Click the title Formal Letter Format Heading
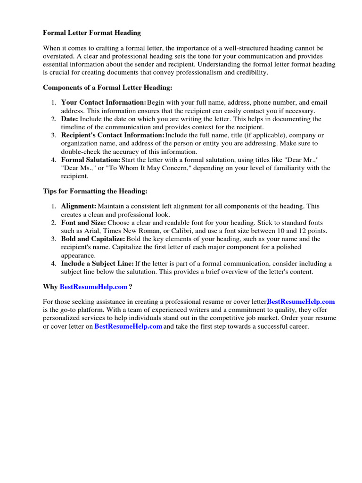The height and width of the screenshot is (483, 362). coord(92,33)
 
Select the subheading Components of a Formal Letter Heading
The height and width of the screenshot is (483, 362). coord(108,88)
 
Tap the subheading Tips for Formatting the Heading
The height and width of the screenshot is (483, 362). coord(95,191)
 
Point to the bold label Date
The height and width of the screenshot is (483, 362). coord(70,119)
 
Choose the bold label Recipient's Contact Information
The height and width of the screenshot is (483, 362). coord(113,135)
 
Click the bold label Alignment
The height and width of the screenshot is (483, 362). coord(79,206)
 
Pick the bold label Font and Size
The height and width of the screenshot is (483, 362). coord(83,223)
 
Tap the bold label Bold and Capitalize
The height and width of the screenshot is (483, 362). coord(93,239)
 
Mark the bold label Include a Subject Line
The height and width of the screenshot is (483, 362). coord(97,263)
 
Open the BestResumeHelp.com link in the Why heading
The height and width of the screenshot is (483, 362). coord(93,287)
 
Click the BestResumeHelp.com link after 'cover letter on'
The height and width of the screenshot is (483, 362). coord(128,326)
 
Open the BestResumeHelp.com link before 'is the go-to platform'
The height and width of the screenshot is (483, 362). coord(301,301)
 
